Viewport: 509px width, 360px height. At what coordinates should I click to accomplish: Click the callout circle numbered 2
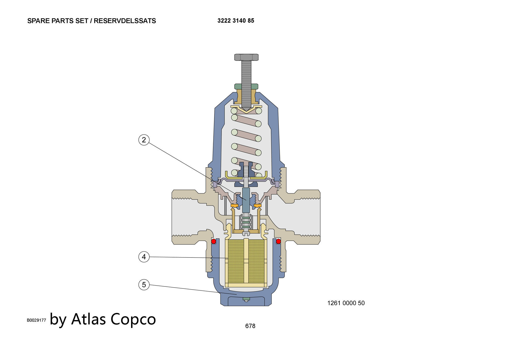[x=144, y=140]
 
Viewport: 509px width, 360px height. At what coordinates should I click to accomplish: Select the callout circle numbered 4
[x=144, y=257]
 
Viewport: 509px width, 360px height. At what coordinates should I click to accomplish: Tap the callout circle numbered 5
[x=144, y=284]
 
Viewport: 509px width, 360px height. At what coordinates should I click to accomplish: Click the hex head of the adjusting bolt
[x=246, y=57]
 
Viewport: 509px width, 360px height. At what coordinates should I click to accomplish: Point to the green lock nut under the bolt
[x=246, y=87]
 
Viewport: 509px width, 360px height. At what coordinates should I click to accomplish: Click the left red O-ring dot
[x=214, y=241]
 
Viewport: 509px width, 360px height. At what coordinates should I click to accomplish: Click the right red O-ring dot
[x=278, y=241]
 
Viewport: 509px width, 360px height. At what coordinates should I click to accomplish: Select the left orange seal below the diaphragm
[x=234, y=205]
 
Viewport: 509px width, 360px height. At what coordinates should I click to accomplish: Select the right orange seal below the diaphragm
[x=258, y=205]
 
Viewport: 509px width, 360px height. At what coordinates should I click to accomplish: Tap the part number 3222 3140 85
[x=236, y=21]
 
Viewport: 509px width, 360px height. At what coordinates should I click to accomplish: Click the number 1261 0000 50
[x=346, y=303]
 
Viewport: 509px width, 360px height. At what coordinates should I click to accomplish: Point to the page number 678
[x=250, y=326]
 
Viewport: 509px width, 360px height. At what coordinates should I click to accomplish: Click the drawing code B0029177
[x=36, y=320]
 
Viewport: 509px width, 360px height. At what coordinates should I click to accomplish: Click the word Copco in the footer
[x=133, y=319]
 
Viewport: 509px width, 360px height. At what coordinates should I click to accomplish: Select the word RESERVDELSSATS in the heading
[x=125, y=21]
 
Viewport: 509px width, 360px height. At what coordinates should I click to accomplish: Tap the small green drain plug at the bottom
[x=246, y=299]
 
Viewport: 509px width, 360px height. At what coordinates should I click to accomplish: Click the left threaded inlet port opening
[x=185, y=217]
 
